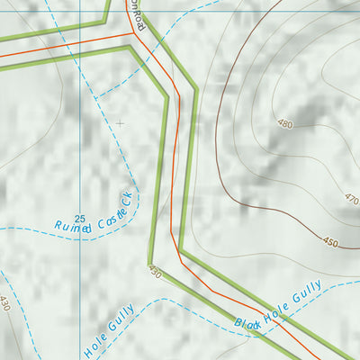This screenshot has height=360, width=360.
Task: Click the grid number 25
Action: pyautogui.click(x=80, y=219)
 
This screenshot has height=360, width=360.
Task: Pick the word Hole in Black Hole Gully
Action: pyautogui.click(x=277, y=306)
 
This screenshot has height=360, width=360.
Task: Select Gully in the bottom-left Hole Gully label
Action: pyautogui.click(x=121, y=319)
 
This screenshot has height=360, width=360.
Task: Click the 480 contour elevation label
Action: pyautogui.click(x=285, y=124)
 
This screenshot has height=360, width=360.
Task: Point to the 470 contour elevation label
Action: pyautogui.click(x=350, y=198)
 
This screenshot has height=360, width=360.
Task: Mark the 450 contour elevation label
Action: pyautogui.click(x=330, y=242)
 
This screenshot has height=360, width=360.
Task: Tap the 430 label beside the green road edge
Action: pyautogui.click(x=155, y=273)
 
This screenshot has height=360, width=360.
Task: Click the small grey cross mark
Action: pyautogui.click(x=120, y=122)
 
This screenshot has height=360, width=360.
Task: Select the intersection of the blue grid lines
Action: pyautogui.click(x=80, y=12)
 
